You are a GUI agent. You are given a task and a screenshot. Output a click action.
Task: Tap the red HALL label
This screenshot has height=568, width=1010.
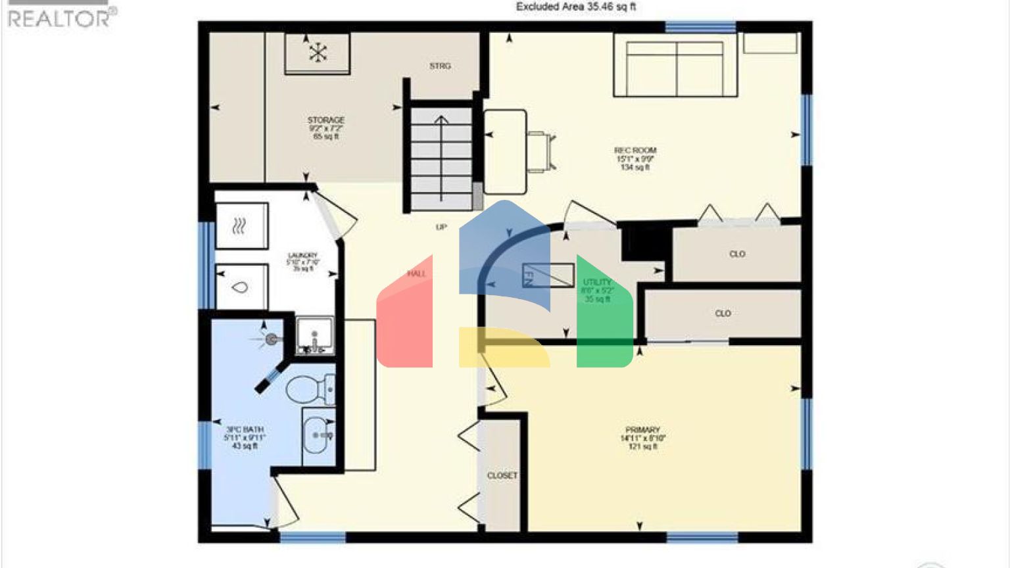(x=416, y=274)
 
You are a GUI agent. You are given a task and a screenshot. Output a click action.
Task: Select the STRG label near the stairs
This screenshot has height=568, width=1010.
(x=440, y=66)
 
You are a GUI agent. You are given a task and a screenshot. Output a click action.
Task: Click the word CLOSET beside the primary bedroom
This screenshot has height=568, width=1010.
(x=502, y=476)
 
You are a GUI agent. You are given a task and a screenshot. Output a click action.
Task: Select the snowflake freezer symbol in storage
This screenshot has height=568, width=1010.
(x=318, y=53)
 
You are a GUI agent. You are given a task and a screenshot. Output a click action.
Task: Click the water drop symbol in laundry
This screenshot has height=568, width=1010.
(x=241, y=287)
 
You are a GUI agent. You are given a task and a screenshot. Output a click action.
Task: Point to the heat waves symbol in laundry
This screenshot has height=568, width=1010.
(x=239, y=227)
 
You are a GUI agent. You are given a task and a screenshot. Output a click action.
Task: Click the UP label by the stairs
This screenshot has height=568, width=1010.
(x=441, y=227)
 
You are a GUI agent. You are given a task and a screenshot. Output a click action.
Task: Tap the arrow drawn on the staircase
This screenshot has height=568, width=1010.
(x=441, y=158)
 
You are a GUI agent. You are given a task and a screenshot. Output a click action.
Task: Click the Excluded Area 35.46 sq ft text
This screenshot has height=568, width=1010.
(x=575, y=7)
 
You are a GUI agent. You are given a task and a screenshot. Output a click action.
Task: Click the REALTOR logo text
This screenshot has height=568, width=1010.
(x=59, y=18)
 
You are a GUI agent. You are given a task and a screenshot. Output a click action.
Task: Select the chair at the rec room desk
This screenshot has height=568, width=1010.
(x=541, y=152)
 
